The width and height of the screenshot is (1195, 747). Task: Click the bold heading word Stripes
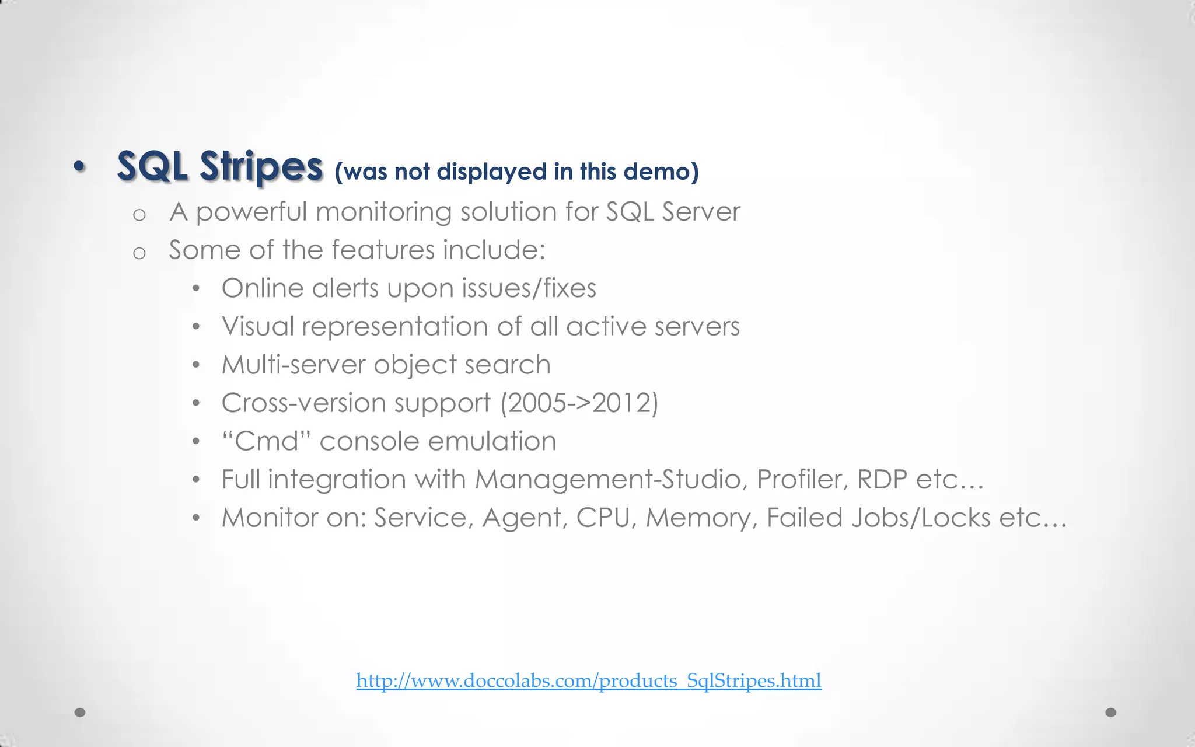click(261, 167)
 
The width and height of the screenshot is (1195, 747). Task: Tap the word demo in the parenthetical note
click(661, 172)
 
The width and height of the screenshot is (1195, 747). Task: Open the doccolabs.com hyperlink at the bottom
click(589, 680)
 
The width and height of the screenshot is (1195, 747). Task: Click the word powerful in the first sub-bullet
click(251, 212)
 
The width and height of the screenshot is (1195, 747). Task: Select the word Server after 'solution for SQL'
click(701, 211)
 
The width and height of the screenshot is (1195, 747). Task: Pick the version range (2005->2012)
click(579, 403)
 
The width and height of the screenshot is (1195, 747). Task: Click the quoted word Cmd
click(267, 441)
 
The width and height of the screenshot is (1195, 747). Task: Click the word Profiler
click(802, 480)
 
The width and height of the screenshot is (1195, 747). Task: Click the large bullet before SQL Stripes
click(80, 167)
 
